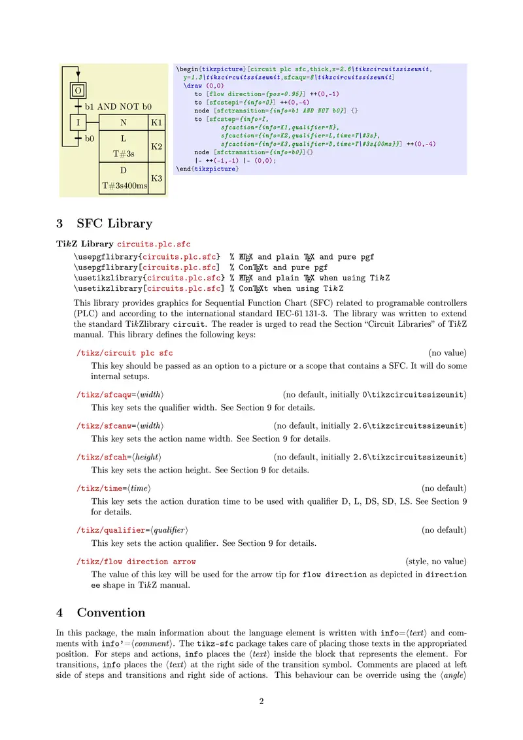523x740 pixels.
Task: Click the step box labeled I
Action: [x=78, y=122]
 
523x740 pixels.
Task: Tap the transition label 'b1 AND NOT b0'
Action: [x=118, y=107]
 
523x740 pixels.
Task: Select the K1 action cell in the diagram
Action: [x=157, y=122]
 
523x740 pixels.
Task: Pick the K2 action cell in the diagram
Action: [x=157, y=146]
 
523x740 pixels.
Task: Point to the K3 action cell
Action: [x=157, y=178]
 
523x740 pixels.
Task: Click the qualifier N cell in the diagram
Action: [x=124, y=122]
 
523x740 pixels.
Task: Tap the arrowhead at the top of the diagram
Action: [x=78, y=73]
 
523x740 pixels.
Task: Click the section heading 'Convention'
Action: [x=111, y=613]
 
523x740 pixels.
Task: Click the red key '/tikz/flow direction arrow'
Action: [x=136, y=562]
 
